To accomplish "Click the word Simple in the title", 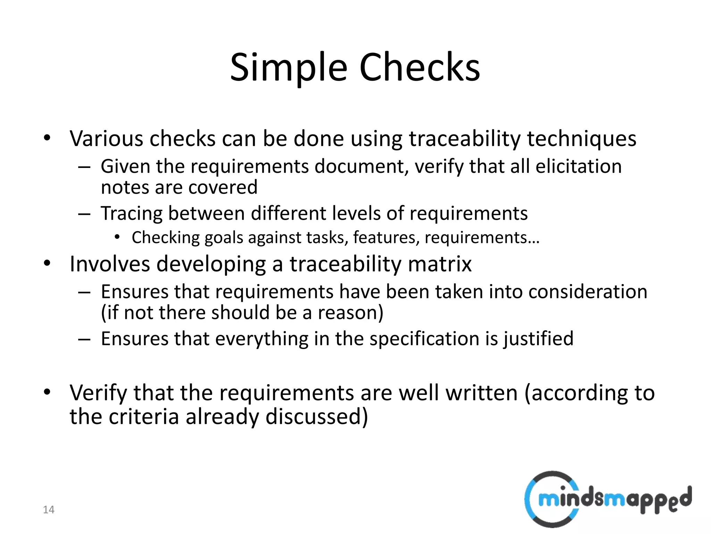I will pyautogui.click(x=288, y=68).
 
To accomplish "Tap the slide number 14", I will pyautogui.click(x=49, y=510).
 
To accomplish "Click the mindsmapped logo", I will pyautogui.click(x=608, y=499).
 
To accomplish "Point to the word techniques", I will pyautogui.click(x=582, y=139).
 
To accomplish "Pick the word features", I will pyautogui.click(x=386, y=238).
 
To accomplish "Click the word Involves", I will pyautogui.click(x=110, y=264).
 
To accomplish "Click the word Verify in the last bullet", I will pyautogui.click(x=98, y=393).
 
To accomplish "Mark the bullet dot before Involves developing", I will pyautogui.click(x=47, y=263).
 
